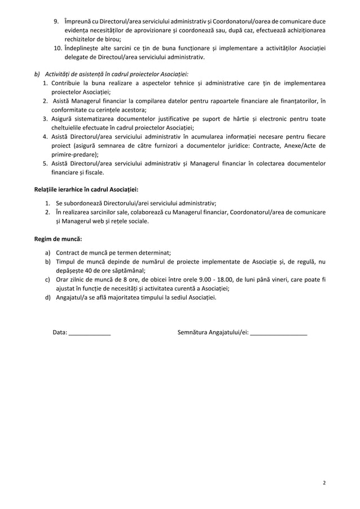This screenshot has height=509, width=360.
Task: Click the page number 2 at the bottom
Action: pyautogui.click(x=324, y=482)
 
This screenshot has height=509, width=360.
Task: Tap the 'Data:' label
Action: pyautogui.click(x=59, y=332)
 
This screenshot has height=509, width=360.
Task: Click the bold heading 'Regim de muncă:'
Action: pyautogui.click(x=58, y=239)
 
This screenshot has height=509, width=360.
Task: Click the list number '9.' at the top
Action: pyautogui.click(x=56, y=21)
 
